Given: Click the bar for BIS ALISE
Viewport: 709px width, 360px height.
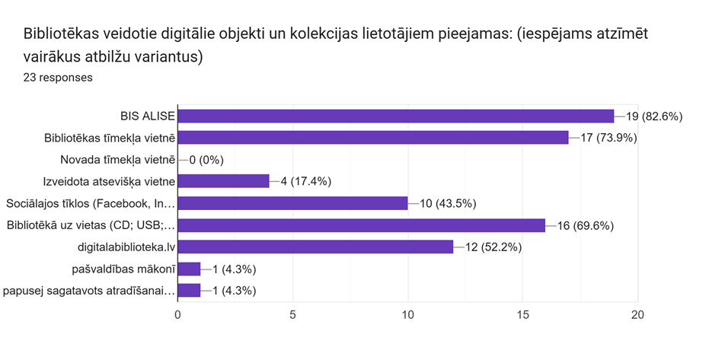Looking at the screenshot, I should click(396, 116).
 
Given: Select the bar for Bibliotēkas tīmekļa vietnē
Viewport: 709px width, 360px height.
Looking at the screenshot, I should click(373, 138).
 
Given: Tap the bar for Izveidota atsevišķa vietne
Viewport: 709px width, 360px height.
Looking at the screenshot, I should click(224, 181).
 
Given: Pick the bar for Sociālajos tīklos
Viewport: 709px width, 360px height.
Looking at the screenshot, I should click(293, 203).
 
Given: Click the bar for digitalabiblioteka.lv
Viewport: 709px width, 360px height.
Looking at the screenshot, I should click(316, 247).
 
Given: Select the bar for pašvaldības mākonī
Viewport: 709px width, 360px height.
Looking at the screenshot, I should click(189, 269).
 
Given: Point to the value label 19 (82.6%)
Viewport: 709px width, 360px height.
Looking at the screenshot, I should click(655, 116).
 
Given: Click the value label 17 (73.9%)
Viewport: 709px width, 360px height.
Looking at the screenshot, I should click(608, 138).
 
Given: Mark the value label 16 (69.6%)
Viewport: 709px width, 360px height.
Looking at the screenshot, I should click(586, 225).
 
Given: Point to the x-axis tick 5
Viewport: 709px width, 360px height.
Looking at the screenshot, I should click(293, 315).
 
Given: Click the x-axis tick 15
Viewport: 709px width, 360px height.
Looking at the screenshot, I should click(523, 315).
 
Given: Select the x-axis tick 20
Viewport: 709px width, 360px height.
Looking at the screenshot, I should click(638, 315).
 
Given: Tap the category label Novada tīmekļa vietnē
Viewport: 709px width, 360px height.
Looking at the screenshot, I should click(117, 160).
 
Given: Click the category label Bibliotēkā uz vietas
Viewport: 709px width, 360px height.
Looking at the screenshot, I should click(91, 225).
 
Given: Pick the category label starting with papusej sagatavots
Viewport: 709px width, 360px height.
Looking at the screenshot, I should click(89, 290).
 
